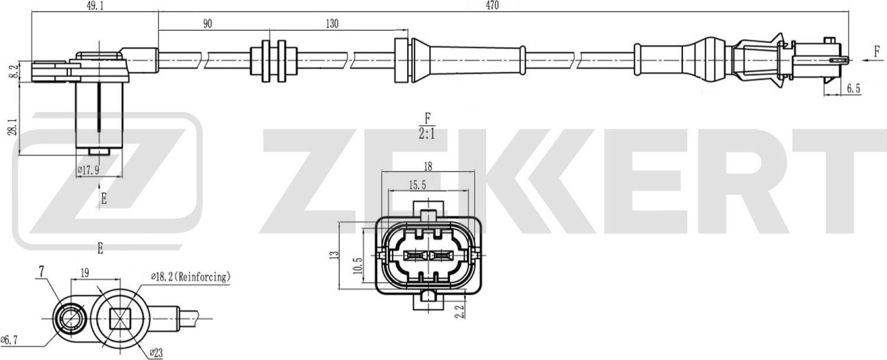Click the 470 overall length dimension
pos(493,6)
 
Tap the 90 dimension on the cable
pos(207,24)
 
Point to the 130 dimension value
pos(332,24)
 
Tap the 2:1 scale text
pos(426,134)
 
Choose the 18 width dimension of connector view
pos(429,166)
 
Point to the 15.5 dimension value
pos(417,185)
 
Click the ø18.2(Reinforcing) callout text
pos(190,276)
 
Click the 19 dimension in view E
pos(84,273)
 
